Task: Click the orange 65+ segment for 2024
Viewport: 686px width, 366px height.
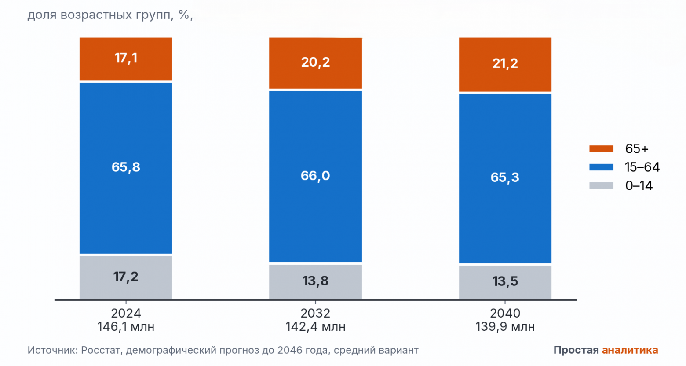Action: pos(126,59)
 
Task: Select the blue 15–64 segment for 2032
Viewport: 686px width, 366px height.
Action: pos(315,177)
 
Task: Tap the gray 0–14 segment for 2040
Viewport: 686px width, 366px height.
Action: pos(505,282)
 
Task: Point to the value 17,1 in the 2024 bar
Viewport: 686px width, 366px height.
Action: pos(126,58)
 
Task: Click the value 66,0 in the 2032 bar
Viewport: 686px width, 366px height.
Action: pos(315,176)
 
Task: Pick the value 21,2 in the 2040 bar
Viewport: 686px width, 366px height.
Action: pos(505,63)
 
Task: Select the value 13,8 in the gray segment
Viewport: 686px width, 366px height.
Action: pos(315,281)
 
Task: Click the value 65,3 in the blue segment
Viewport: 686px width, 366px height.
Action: pos(505,177)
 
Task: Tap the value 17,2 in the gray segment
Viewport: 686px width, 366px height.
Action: pos(126,277)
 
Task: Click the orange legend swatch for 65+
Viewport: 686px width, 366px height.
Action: pos(601,149)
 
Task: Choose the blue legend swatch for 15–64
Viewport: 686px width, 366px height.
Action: pos(601,167)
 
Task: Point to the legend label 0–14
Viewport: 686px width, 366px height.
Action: pos(639,185)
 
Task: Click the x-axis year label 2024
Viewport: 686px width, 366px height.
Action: pos(126,313)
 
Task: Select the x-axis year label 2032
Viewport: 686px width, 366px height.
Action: pos(315,313)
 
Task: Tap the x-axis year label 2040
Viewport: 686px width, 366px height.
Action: pos(505,313)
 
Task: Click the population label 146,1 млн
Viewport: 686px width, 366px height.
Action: pos(126,327)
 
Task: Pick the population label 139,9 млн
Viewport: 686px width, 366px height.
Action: pos(505,327)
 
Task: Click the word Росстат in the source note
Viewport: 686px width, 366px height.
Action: pos(102,350)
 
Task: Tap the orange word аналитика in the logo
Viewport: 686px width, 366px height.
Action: pos(630,350)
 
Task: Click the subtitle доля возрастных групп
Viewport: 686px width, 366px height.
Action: pos(100,15)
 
